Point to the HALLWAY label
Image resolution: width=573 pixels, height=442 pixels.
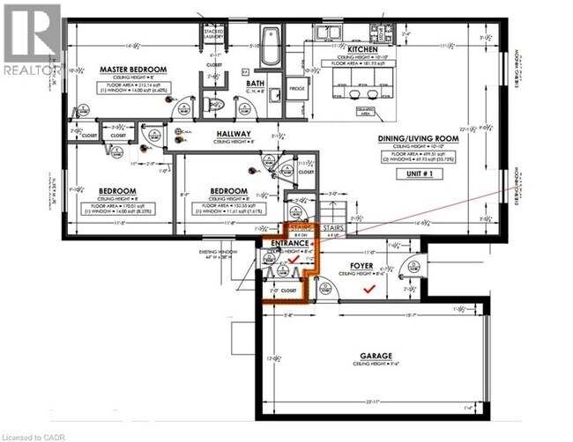(235, 136)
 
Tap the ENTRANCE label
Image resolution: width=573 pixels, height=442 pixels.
(290, 243)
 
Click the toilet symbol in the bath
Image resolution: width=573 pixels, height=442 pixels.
(211, 104)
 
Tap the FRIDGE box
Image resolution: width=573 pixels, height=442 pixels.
(297, 88)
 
